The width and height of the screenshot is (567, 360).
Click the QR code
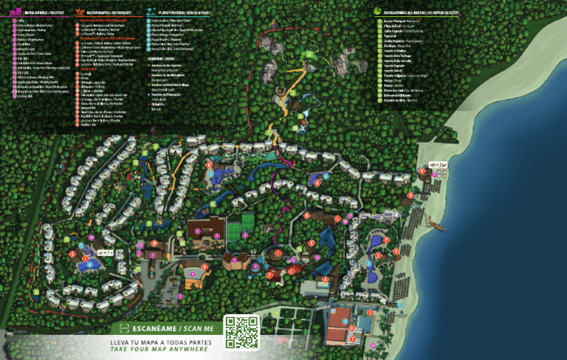(241, 332)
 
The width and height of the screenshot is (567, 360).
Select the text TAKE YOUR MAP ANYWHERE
(160, 350)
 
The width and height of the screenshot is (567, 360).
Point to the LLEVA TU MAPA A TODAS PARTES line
(160, 342)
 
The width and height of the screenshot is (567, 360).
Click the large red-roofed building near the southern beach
(347, 331)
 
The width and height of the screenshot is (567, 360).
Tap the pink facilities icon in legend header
(16, 12)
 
